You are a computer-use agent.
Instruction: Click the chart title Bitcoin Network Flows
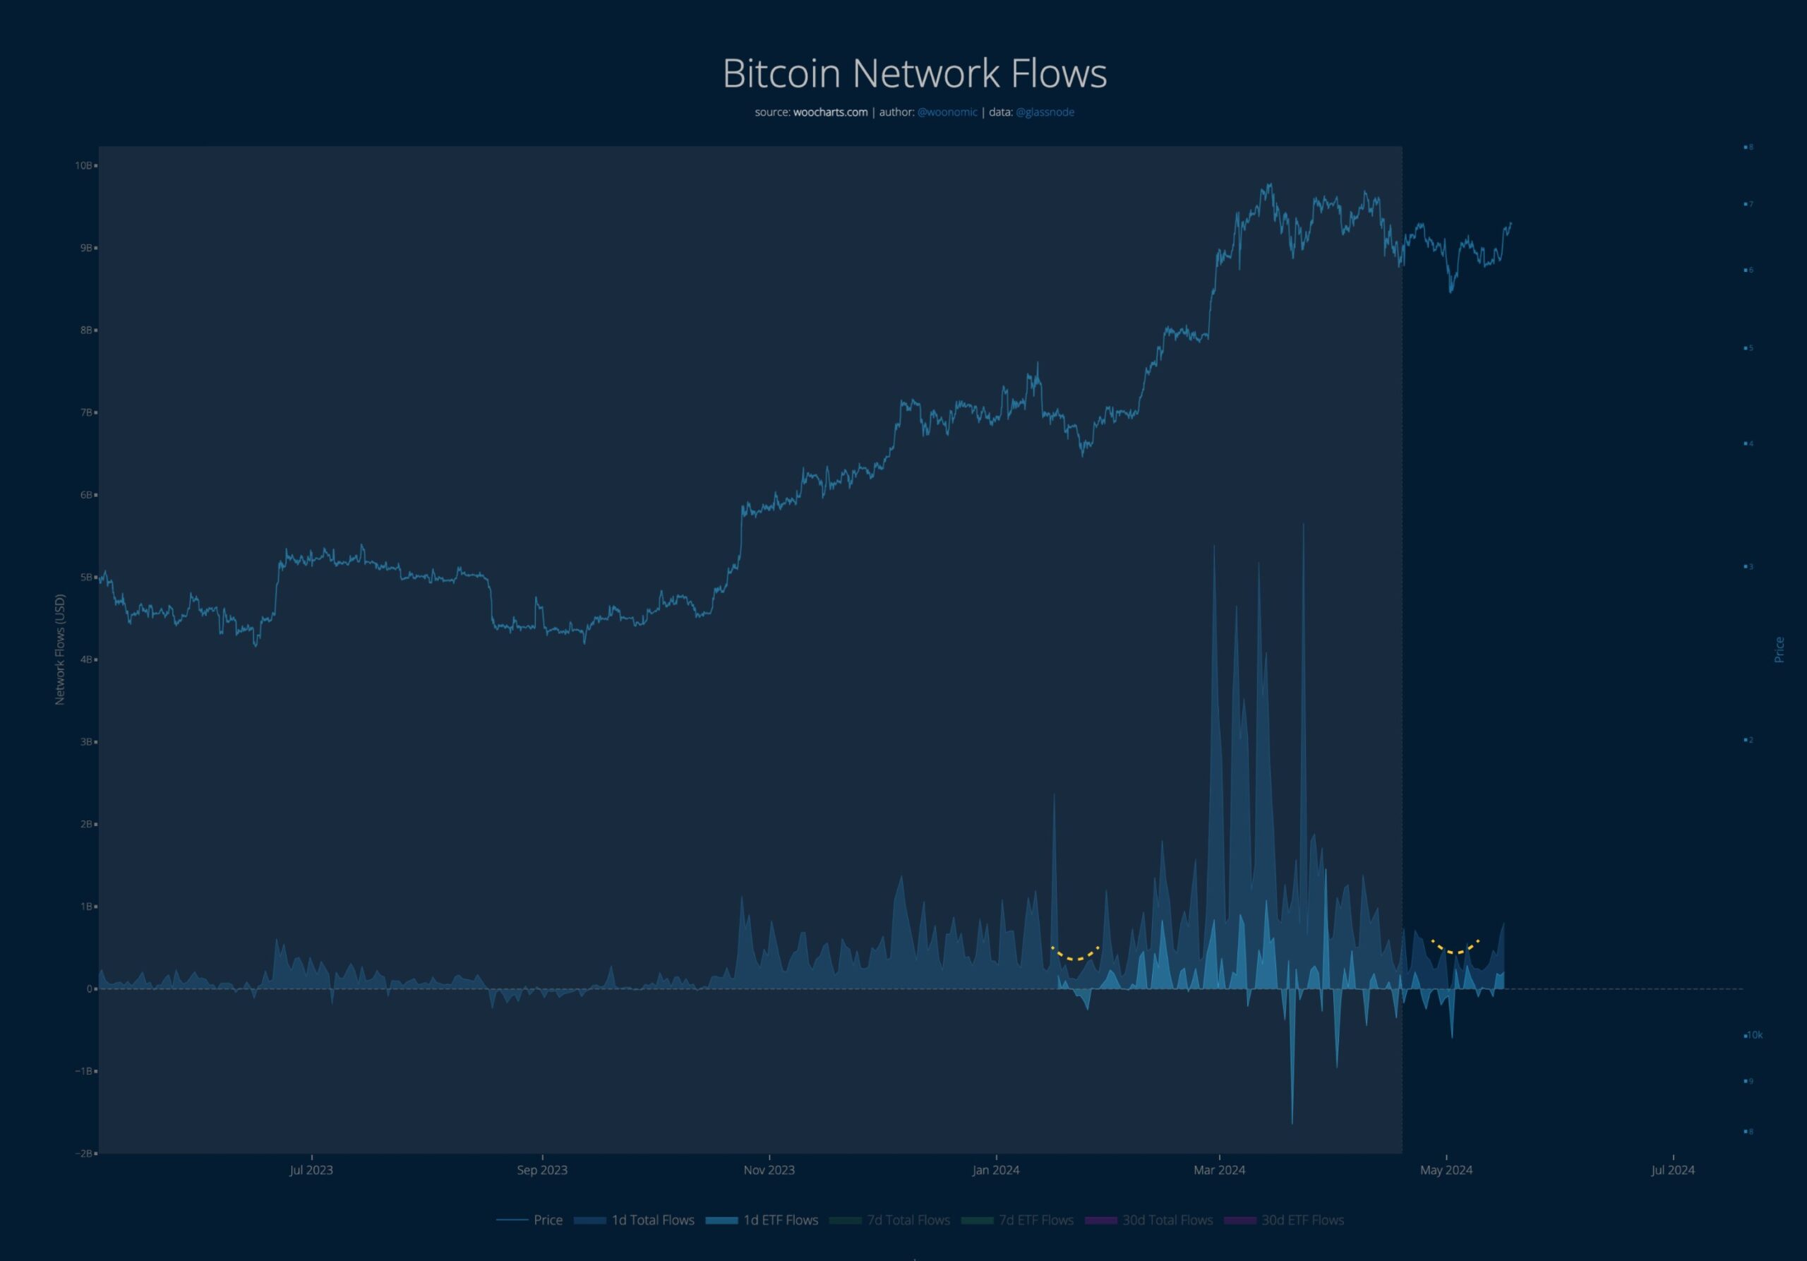click(915, 73)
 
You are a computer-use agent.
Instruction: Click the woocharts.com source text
click(829, 112)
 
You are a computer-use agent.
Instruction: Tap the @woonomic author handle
click(947, 112)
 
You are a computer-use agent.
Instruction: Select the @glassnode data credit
click(1045, 112)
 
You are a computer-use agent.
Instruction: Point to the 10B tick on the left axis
click(83, 165)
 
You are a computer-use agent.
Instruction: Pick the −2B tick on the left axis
click(84, 1153)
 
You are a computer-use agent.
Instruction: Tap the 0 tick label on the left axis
click(90, 988)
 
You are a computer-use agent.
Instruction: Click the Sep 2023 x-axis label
click(541, 1170)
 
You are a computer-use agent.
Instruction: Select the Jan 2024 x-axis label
click(995, 1170)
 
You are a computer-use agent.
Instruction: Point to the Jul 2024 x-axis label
click(1672, 1170)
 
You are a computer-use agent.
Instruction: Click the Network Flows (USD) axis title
click(60, 650)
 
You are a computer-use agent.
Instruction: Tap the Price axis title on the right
click(1779, 650)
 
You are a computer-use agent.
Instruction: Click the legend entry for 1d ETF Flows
click(780, 1220)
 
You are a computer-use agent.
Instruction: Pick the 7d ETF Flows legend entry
click(1035, 1220)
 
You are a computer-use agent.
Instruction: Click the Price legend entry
click(548, 1220)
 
